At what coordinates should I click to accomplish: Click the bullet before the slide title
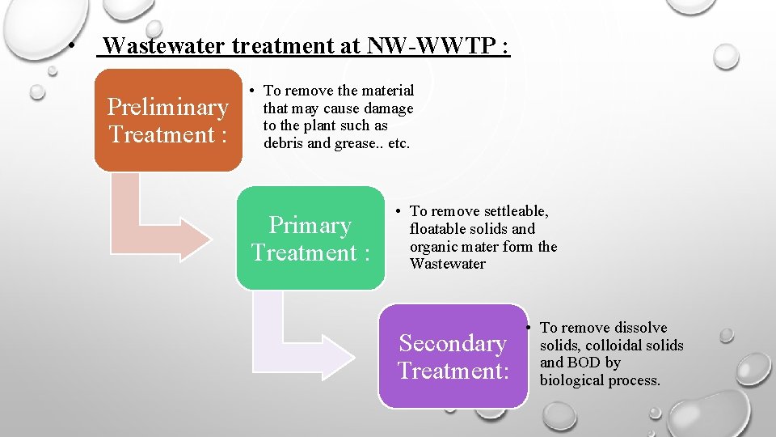(x=73, y=46)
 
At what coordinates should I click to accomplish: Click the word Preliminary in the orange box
(x=167, y=107)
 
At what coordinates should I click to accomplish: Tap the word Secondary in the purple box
(x=453, y=343)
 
